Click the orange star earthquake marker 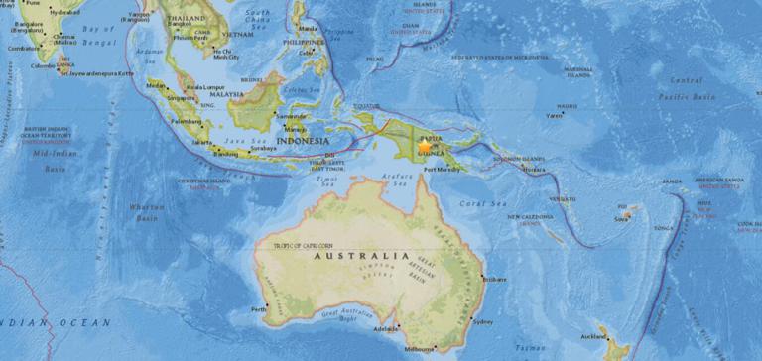click(x=425, y=146)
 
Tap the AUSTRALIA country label click(x=361, y=255)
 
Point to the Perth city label click(x=260, y=309)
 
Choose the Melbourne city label click(x=420, y=349)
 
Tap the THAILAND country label click(x=187, y=19)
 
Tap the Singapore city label click(x=181, y=98)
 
